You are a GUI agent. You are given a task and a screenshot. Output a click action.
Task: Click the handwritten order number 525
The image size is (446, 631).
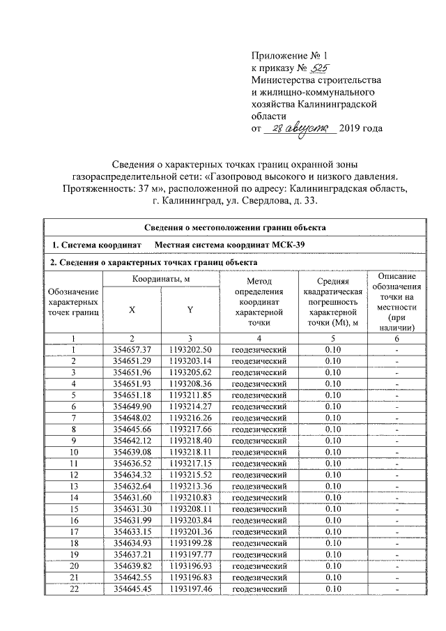[318, 68]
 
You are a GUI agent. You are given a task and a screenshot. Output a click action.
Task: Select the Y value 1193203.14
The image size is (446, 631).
[190, 360]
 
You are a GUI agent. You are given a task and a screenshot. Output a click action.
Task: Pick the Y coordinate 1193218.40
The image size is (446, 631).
[190, 439]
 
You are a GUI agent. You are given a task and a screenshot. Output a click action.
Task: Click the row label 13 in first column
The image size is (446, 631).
[72, 485]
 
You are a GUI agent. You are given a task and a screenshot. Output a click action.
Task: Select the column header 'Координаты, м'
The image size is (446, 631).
[161, 279]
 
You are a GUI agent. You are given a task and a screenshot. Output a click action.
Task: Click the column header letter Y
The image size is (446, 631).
[190, 310]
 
